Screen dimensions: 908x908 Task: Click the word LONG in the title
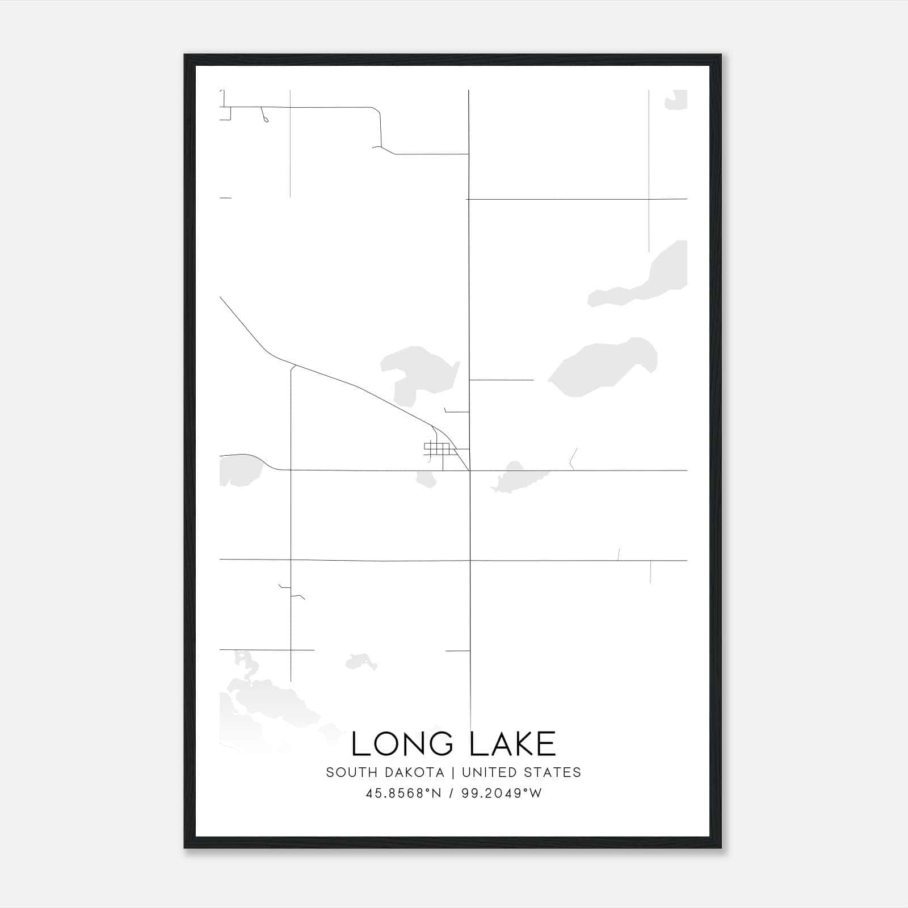(397, 744)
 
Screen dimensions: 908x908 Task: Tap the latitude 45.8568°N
(403, 793)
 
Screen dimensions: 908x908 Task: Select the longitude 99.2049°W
(502, 793)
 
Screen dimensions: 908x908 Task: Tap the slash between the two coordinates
(451, 793)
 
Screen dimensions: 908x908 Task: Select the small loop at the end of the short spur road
(266, 119)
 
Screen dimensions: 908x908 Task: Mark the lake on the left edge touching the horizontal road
(238, 468)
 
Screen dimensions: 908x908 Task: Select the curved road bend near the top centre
(378, 113)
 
